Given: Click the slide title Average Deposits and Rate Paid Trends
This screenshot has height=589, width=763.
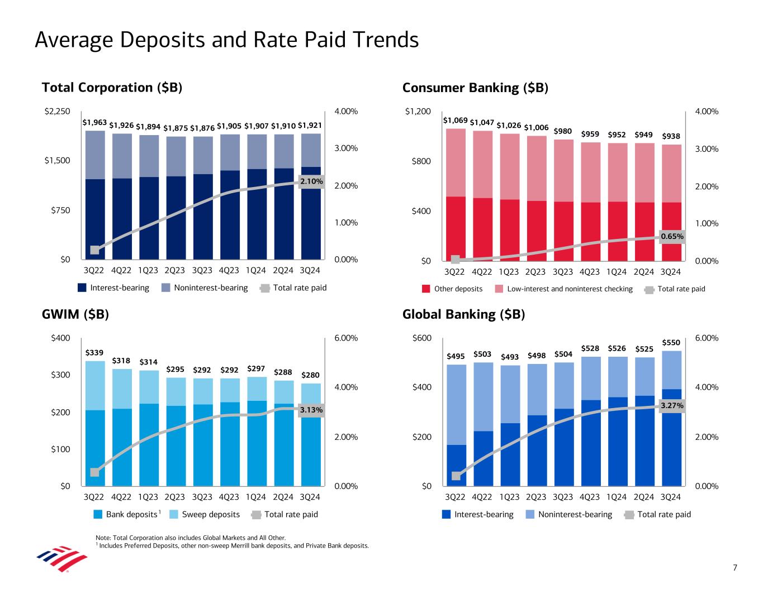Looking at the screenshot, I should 226,40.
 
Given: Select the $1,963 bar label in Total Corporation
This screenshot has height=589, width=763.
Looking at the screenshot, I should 94,122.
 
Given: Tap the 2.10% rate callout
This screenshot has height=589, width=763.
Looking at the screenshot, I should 312,181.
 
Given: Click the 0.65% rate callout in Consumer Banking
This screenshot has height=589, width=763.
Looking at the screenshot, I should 672,236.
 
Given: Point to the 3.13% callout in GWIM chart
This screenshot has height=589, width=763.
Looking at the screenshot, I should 311,410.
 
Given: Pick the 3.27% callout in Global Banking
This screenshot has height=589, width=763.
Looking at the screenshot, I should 672,406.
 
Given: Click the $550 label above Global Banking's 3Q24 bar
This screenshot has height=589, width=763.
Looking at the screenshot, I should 671,342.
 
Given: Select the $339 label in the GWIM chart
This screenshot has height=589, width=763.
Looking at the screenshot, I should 94,353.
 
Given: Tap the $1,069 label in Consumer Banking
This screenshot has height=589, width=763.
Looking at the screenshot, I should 455,120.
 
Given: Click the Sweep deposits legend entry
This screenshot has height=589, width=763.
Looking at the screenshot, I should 211,514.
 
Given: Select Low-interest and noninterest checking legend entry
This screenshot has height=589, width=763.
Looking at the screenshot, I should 570,289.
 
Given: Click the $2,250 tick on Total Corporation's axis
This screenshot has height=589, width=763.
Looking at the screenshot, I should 57,112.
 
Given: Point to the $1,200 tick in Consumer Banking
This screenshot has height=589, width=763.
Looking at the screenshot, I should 418,112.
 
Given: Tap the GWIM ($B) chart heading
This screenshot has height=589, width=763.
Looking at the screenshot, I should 75,314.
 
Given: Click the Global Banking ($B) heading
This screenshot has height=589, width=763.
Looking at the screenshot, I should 464,314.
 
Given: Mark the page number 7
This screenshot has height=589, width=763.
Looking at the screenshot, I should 735,568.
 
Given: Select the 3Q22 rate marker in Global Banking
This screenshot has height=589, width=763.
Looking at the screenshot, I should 456,476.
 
